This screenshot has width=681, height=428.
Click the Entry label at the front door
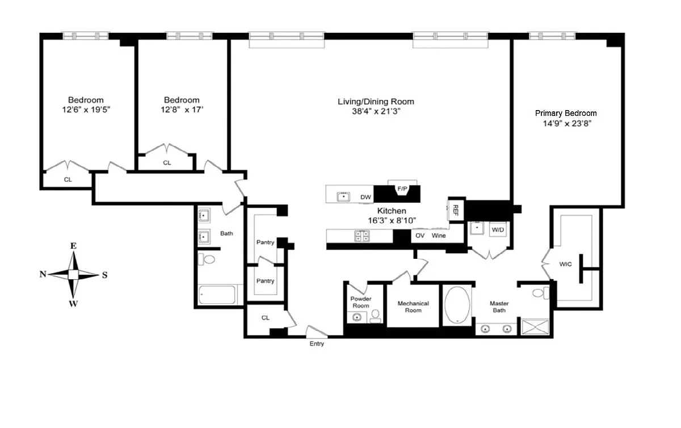(317, 343)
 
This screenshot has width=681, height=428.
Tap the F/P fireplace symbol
(402, 190)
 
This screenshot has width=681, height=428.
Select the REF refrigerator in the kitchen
(455, 210)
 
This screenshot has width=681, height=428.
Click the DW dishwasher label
(365, 197)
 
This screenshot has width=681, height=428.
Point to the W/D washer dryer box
(498, 230)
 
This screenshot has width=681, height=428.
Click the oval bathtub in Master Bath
(457, 304)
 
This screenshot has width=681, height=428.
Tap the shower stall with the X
(535, 327)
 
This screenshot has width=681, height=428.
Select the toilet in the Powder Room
(376, 316)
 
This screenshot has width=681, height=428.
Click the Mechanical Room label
(413, 307)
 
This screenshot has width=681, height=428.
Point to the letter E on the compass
(73, 246)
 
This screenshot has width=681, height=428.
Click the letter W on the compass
(73, 303)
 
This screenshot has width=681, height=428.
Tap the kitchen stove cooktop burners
(362, 236)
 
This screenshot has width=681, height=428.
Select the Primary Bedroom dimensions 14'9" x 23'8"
(567, 124)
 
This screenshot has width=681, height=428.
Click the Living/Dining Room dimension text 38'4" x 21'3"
(376, 111)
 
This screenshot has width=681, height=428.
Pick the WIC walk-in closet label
(565, 264)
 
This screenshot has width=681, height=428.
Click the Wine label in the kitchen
(438, 236)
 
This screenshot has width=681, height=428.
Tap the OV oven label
(420, 236)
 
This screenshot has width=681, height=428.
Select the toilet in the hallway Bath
(207, 259)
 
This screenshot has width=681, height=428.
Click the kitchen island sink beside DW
(343, 197)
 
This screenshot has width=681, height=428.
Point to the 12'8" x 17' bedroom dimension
(182, 110)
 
